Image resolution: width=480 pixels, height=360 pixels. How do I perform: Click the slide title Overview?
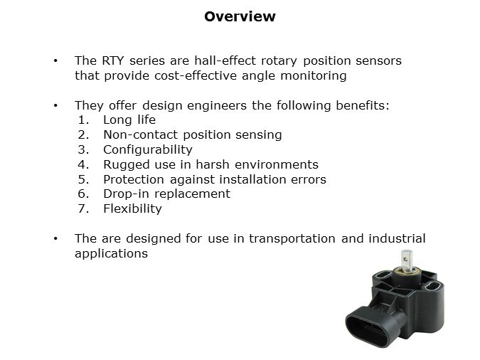click(240, 16)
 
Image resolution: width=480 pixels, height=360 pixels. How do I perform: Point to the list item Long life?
click(129, 120)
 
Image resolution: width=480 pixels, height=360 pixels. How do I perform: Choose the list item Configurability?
click(148, 149)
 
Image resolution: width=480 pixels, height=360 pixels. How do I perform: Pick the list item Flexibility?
click(132, 208)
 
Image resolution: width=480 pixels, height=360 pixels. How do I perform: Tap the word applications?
click(111, 253)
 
